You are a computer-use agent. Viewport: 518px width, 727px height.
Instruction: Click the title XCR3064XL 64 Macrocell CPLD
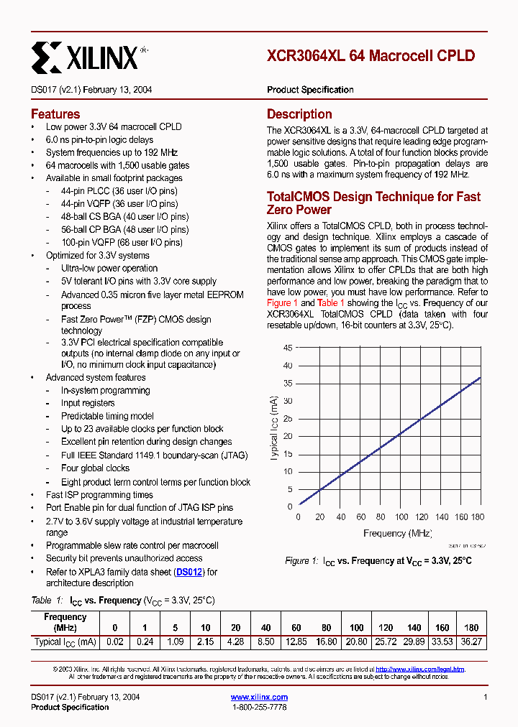click(x=371, y=56)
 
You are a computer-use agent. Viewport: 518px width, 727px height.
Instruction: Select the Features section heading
click(x=55, y=114)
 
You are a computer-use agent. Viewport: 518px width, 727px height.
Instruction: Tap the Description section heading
click(x=299, y=114)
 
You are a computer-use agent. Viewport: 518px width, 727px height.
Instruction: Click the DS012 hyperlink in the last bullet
click(x=190, y=572)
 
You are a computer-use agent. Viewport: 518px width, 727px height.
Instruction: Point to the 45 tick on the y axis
click(x=288, y=348)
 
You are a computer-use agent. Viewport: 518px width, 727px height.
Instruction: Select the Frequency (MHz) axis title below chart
click(x=397, y=533)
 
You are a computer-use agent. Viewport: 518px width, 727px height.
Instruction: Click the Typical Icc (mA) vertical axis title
click(x=275, y=427)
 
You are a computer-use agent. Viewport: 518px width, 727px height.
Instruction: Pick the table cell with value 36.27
click(x=472, y=642)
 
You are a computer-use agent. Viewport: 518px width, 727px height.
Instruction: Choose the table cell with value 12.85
click(x=296, y=642)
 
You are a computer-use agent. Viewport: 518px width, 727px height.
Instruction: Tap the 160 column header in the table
click(x=443, y=627)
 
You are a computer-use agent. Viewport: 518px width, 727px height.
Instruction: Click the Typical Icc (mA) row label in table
click(x=65, y=642)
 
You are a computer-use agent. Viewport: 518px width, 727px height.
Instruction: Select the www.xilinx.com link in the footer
click(x=259, y=697)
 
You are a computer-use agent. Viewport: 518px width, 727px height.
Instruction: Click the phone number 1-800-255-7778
click(x=259, y=707)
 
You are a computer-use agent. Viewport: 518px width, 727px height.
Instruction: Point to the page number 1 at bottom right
click(x=486, y=697)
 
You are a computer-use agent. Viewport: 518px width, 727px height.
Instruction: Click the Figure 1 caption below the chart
click(x=378, y=560)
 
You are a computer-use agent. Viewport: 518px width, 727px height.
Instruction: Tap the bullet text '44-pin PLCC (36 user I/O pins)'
click(x=119, y=191)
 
